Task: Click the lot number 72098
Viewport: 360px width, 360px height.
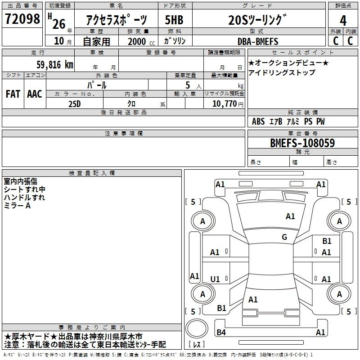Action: click(22, 19)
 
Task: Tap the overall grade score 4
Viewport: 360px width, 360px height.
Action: click(343, 21)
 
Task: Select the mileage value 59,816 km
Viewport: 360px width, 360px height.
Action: click(55, 65)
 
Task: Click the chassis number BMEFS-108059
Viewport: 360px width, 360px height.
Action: click(302, 143)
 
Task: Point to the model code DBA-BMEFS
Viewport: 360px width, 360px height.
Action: click(258, 41)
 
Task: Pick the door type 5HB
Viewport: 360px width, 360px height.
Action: click(174, 20)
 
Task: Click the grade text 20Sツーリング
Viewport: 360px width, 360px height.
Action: click(257, 20)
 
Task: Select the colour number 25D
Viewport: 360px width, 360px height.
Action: click(75, 104)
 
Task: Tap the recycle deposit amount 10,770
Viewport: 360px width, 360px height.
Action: click(224, 104)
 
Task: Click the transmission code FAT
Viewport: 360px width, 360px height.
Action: click(13, 94)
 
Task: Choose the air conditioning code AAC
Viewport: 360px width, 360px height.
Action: click(35, 94)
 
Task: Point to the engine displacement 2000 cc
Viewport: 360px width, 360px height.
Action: click(141, 41)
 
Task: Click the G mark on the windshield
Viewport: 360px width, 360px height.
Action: click(284, 237)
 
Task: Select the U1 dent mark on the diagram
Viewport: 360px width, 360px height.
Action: click(215, 279)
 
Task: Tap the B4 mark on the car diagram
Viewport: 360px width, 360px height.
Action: click(221, 332)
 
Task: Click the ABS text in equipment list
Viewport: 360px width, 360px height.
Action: click(258, 121)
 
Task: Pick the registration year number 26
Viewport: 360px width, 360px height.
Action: click(59, 24)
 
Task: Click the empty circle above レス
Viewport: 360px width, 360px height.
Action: click(197, 328)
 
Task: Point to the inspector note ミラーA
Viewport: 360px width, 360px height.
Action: click(17, 206)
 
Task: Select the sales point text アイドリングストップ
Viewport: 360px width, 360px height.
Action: click(282, 72)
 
